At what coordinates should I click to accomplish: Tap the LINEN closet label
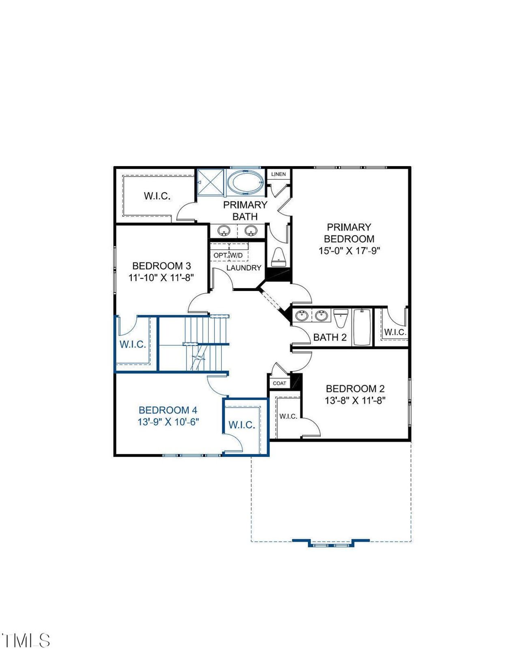click(278, 174)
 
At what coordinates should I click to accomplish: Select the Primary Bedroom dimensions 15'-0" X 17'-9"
click(349, 250)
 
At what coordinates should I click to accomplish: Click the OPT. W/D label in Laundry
click(228, 255)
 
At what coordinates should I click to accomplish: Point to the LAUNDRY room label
click(244, 268)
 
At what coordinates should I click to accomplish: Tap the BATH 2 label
click(330, 337)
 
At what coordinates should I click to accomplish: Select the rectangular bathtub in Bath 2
click(362, 327)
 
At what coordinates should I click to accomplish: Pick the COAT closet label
click(279, 383)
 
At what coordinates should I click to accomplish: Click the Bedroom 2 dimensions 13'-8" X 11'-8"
click(355, 400)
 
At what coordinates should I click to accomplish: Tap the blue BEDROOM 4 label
click(168, 410)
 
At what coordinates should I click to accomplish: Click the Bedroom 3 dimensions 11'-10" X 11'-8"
click(161, 278)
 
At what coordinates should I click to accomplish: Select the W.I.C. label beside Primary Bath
click(157, 196)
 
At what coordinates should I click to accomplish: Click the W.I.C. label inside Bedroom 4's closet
click(242, 425)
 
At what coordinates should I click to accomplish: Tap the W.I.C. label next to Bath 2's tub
click(395, 332)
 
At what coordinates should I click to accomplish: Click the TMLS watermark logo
click(26, 641)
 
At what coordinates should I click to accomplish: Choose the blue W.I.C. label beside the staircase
click(133, 344)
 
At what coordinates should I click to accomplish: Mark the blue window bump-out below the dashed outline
click(331, 543)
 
